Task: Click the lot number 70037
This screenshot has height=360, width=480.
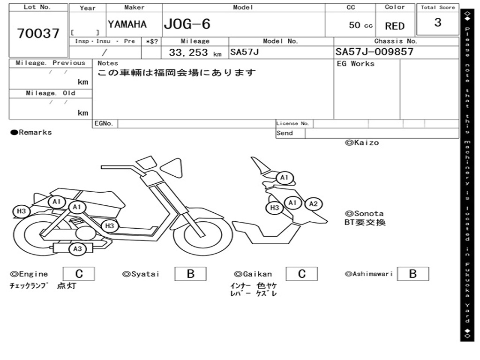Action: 38,34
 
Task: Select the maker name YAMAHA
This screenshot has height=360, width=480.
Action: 127,24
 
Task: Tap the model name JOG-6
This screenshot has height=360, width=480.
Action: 187,24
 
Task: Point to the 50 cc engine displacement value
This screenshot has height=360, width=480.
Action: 360,25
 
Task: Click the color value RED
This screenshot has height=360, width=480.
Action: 395,26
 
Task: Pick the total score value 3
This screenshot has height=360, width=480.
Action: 438,22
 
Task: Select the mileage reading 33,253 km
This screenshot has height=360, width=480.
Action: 195,52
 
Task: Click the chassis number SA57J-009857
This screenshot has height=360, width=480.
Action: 375,52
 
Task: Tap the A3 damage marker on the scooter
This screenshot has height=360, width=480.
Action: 77,249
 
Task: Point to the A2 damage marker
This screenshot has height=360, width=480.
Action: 314,204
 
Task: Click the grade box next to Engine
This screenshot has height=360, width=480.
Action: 79,274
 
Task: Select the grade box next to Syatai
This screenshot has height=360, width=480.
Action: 190,274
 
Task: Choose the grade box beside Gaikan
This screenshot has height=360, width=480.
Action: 302,274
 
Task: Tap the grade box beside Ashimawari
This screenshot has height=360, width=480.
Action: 412,274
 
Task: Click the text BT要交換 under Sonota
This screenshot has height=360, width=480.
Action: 365,223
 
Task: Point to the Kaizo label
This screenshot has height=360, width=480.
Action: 362,142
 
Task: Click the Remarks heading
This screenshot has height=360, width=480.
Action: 31,133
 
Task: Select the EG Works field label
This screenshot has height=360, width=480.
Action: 356,64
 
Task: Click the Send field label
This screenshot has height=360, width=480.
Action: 285,133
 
